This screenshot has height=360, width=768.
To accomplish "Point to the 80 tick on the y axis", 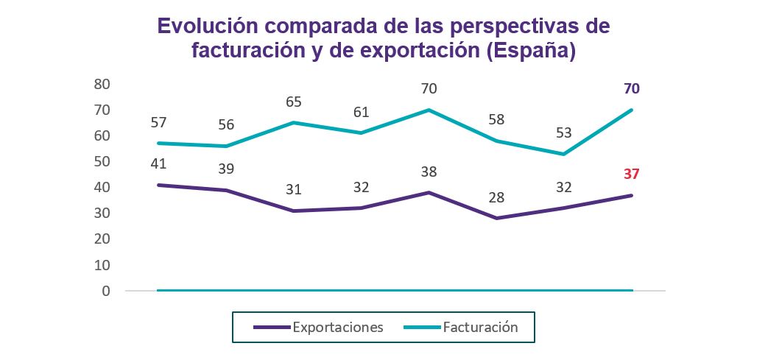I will pyautogui.click(x=102, y=84).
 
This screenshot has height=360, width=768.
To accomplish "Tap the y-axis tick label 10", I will pyautogui.click(x=102, y=264).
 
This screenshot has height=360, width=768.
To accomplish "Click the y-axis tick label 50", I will pyautogui.click(x=102, y=161).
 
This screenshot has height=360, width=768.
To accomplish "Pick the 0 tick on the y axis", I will pyautogui.click(x=106, y=291).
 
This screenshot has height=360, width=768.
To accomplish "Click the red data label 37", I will pyautogui.click(x=631, y=174).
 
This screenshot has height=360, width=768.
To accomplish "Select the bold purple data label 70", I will pyautogui.click(x=631, y=89).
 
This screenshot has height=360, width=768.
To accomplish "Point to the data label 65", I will pyautogui.click(x=293, y=102).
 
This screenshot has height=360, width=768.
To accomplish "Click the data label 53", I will pyautogui.click(x=564, y=133).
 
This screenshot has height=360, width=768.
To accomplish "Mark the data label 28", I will pyautogui.click(x=496, y=197).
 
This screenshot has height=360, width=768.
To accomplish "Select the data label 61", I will pyautogui.click(x=361, y=112).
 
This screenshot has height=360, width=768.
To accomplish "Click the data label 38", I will pyautogui.click(x=429, y=172).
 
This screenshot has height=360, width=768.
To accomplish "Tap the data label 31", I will pyautogui.click(x=293, y=189).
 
